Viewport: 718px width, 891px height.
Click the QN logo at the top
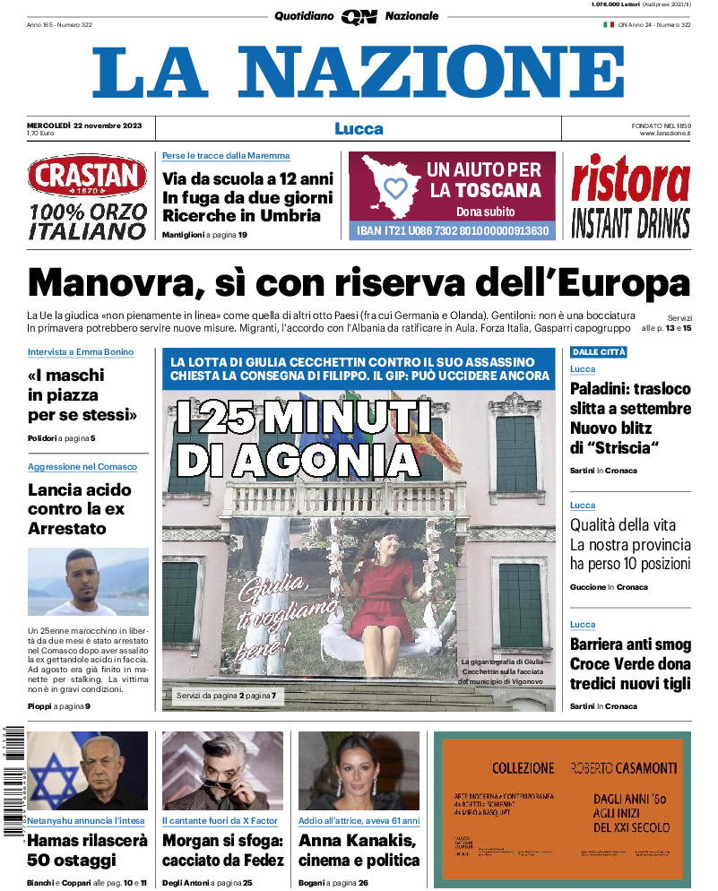pos(359,16)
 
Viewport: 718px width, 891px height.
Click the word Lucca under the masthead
pos(359,129)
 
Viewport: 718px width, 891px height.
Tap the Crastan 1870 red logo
pos(87,177)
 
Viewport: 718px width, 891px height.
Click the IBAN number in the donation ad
pos(452,230)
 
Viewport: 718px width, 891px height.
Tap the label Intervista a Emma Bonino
pos(81,352)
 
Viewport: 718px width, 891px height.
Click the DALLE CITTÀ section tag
pos(599,352)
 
